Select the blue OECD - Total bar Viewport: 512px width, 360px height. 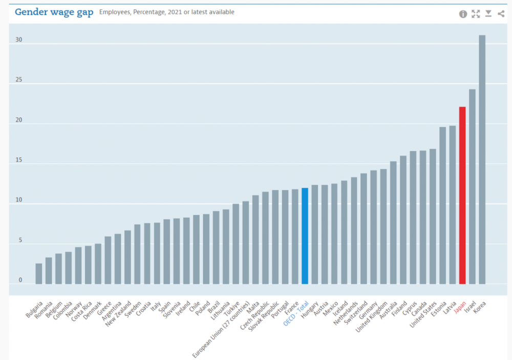point(305,236)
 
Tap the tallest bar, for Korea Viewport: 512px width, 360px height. point(482,159)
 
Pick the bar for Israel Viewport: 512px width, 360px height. point(472,186)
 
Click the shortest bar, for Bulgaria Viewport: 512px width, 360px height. point(38,273)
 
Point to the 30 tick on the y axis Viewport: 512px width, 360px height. point(19,40)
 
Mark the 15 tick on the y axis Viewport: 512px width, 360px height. point(19,160)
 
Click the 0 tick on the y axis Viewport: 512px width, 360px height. point(21,280)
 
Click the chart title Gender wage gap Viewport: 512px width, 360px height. point(54,12)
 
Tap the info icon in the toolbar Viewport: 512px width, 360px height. point(463,14)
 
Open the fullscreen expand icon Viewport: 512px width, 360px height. point(476,14)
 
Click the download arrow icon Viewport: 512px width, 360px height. point(488,14)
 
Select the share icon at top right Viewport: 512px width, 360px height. point(501,14)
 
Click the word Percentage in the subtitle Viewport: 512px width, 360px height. point(148,12)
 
